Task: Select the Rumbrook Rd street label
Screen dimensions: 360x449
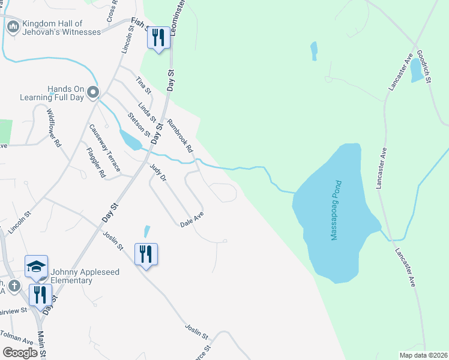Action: click(181, 134)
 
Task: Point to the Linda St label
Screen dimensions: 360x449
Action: click(147, 112)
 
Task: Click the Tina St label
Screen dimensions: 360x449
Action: click(142, 85)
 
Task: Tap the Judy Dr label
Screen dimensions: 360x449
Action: click(157, 172)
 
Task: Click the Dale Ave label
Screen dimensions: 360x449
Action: click(192, 219)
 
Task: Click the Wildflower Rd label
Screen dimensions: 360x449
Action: click(54, 129)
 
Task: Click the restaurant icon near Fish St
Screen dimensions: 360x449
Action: click(158, 38)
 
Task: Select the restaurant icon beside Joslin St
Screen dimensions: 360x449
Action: click(146, 254)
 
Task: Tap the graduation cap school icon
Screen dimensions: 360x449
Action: click(36, 266)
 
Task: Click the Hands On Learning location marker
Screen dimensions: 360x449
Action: click(92, 92)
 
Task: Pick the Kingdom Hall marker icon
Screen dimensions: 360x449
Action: click(13, 27)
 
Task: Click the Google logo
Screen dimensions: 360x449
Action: click(20, 352)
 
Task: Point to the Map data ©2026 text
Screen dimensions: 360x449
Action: click(424, 355)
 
